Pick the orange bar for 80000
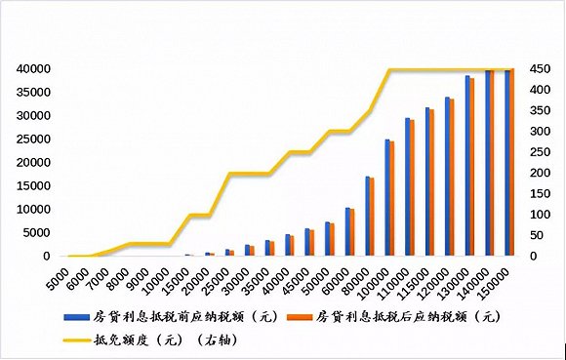coord(372,217)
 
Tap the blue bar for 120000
coord(447,176)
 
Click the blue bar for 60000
coord(347,231)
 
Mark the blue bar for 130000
coord(467,165)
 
